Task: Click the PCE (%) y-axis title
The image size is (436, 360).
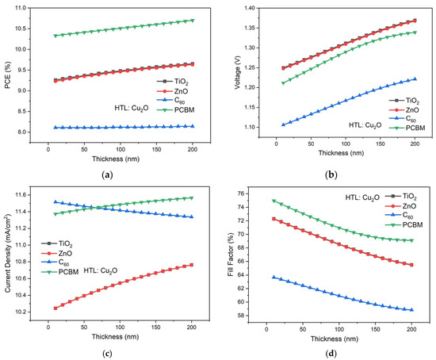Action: [7, 75]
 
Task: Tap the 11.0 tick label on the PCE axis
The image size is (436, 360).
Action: [21, 8]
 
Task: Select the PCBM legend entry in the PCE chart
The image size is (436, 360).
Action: [176, 110]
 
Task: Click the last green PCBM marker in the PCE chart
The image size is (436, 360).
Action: [193, 21]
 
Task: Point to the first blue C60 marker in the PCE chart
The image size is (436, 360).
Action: [55, 128]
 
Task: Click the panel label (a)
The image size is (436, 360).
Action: [107, 175]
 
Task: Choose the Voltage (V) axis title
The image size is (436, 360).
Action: [237, 72]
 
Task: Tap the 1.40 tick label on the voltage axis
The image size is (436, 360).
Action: [250, 8]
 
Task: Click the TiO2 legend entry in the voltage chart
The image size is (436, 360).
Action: [404, 101]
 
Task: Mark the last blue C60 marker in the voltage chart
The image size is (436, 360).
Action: [415, 79]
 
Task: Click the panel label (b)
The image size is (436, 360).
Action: [331, 175]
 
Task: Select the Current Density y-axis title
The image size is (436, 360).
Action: [7, 254]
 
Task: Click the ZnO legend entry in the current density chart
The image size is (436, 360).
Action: [57, 254]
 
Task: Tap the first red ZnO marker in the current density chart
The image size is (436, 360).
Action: [55, 308]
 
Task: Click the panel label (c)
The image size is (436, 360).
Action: [107, 354]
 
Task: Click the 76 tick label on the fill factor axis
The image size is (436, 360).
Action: [240, 193]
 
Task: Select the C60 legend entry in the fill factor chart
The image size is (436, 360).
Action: [400, 216]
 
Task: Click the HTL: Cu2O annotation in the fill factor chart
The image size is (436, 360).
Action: [362, 197]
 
